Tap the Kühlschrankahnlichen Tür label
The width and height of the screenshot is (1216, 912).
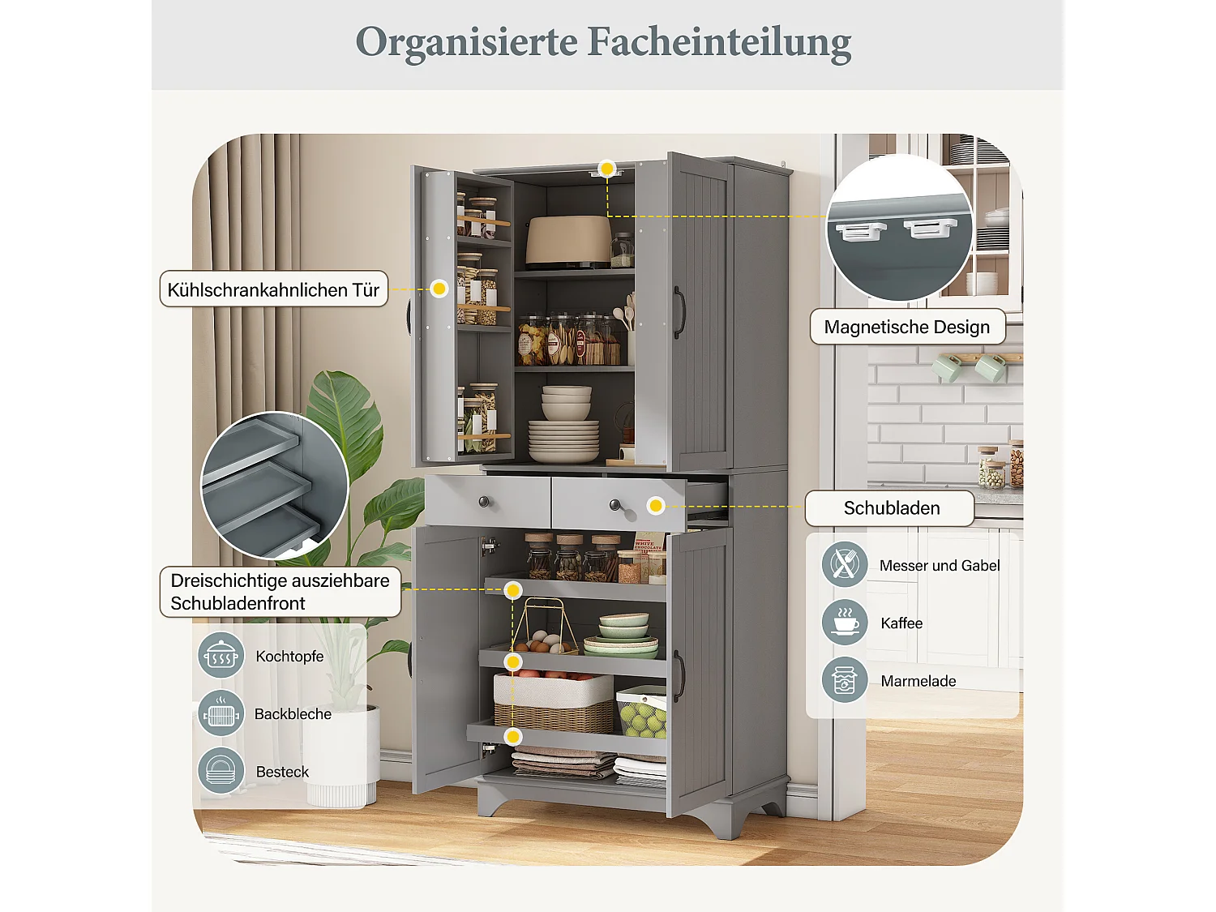(273, 289)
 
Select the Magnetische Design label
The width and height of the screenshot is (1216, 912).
(907, 327)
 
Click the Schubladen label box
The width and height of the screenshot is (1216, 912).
(891, 508)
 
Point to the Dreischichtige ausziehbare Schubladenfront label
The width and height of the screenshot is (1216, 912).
(280, 592)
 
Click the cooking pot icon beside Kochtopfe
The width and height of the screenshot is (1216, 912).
(221, 655)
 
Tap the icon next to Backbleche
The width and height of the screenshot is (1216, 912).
(221, 713)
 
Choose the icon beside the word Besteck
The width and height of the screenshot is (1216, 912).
(221, 771)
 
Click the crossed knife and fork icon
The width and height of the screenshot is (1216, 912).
(845, 564)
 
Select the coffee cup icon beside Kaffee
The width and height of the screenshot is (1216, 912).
(845, 623)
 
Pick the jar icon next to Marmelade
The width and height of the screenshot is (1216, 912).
(845, 680)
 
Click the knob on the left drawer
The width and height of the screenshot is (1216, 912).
(485, 502)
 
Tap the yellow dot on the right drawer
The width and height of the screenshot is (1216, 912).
(656, 506)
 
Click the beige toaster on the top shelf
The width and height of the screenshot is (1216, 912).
(567, 241)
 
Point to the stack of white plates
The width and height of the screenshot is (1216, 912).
(563, 442)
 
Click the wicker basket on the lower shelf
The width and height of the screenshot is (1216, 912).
(554, 704)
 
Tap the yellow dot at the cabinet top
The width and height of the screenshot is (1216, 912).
(606, 169)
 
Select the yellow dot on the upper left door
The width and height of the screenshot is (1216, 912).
(439, 289)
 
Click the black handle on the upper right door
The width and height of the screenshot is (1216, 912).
(679, 312)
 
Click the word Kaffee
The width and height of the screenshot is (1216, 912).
(901, 623)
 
